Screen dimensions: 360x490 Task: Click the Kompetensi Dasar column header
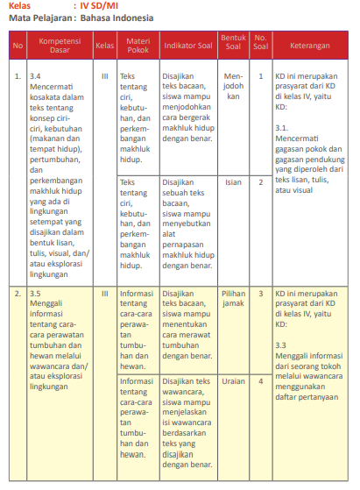(60, 44)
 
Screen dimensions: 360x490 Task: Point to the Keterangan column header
(311, 44)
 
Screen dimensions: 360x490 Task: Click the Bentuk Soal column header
(233, 44)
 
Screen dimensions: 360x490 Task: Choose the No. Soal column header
(260, 44)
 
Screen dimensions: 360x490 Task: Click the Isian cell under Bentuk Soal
(233, 181)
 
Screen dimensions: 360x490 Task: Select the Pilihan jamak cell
(233, 273)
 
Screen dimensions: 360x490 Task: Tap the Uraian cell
(233, 381)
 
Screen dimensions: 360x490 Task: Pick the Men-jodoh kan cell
(233, 86)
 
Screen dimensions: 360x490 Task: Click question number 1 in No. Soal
(260, 76)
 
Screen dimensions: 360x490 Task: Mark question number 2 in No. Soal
(260, 181)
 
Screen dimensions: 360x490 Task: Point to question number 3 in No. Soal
(260, 268)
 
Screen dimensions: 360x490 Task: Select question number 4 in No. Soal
(260, 381)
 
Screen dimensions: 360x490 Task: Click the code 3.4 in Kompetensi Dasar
(35, 76)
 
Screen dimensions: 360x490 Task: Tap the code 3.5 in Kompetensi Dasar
(35, 268)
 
